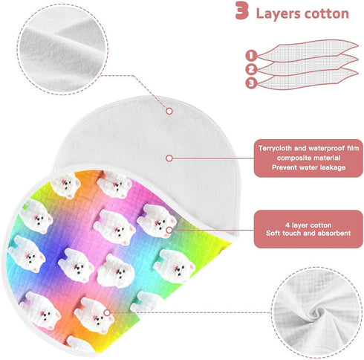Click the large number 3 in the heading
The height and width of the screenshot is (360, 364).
[242, 10]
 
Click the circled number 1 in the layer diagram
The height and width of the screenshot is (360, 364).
[251, 55]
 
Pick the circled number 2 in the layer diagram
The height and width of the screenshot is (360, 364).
[251, 69]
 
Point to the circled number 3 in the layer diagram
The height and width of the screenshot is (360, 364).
[251, 83]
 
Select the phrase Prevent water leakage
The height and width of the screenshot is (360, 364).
[308, 167]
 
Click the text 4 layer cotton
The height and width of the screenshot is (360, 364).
[308, 225]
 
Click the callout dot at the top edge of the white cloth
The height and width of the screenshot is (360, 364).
[169, 111]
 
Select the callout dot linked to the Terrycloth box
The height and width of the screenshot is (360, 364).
[169, 158]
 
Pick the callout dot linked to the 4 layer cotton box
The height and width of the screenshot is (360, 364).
[169, 230]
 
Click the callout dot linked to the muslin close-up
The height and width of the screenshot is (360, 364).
[107, 312]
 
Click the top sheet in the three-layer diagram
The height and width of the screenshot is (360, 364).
[308, 51]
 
